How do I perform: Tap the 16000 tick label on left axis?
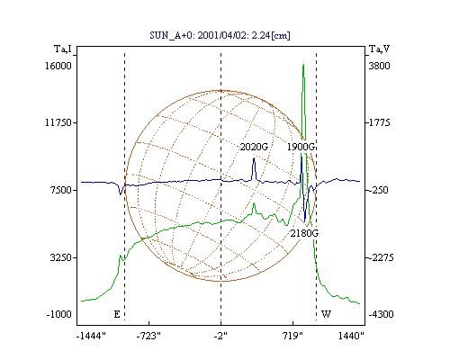click(x=58, y=66)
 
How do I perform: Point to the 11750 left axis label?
click(x=58, y=122)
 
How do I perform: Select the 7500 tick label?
click(x=61, y=190)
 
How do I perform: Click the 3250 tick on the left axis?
click(x=61, y=257)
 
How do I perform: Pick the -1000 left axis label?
click(x=59, y=314)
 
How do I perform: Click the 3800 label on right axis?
click(x=379, y=66)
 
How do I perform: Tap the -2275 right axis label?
click(x=381, y=257)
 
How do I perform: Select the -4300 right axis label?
click(x=381, y=314)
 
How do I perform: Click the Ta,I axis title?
click(x=63, y=49)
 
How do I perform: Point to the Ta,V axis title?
click(x=379, y=49)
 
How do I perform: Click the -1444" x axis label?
click(x=91, y=336)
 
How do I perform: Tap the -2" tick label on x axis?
click(x=220, y=336)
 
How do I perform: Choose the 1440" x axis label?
click(x=351, y=336)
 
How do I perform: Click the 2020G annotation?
click(x=254, y=147)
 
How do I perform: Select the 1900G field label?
click(x=301, y=147)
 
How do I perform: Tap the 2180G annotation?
click(x=304, y=233)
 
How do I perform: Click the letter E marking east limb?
click(x=117, y=314)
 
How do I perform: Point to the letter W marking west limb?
click(x=326, y=314)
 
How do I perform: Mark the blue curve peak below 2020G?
click(x=254, y=158)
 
